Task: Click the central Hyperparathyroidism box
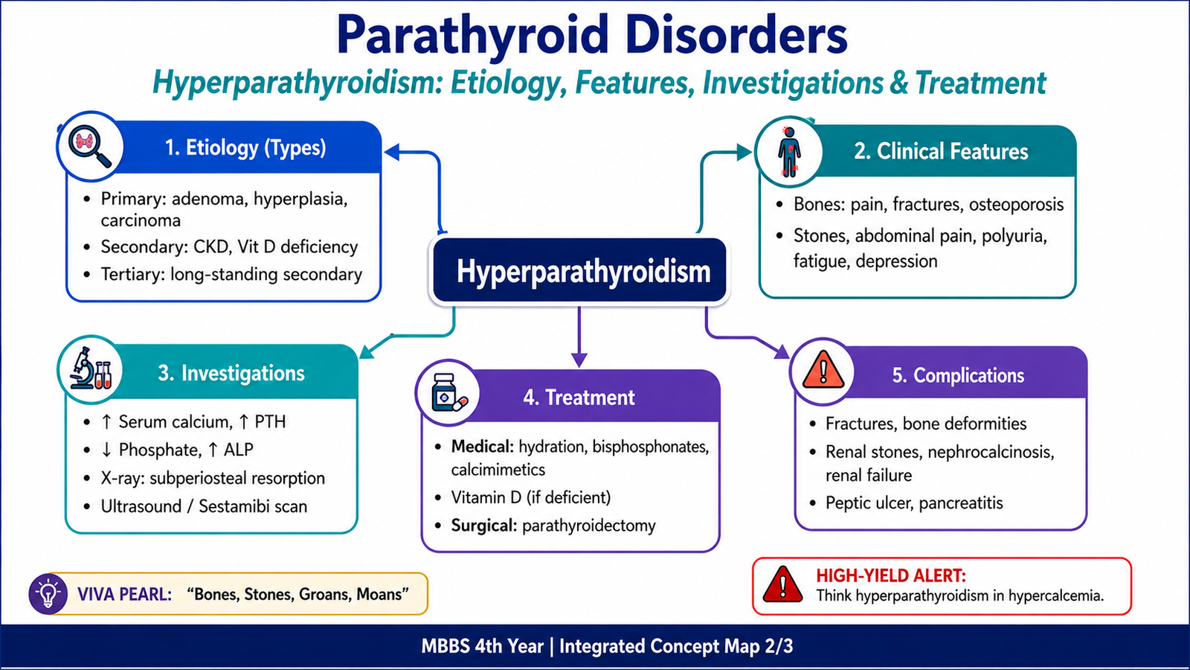click(x=579, y=271)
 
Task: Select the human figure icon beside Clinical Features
click(x=789, y=151)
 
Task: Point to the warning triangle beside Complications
click(x=823, y=369)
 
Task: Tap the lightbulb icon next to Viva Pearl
click(x=48, y=594)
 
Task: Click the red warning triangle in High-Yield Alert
click(x=782, y=584)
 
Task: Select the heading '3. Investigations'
click(x=231, y=373)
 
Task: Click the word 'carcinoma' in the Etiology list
click(x=141, y=220)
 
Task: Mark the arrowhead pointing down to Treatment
click(x=579, y=360)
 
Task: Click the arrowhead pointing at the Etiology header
click(x=391, y=152)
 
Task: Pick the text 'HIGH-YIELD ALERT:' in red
click(x=891, y=575)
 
